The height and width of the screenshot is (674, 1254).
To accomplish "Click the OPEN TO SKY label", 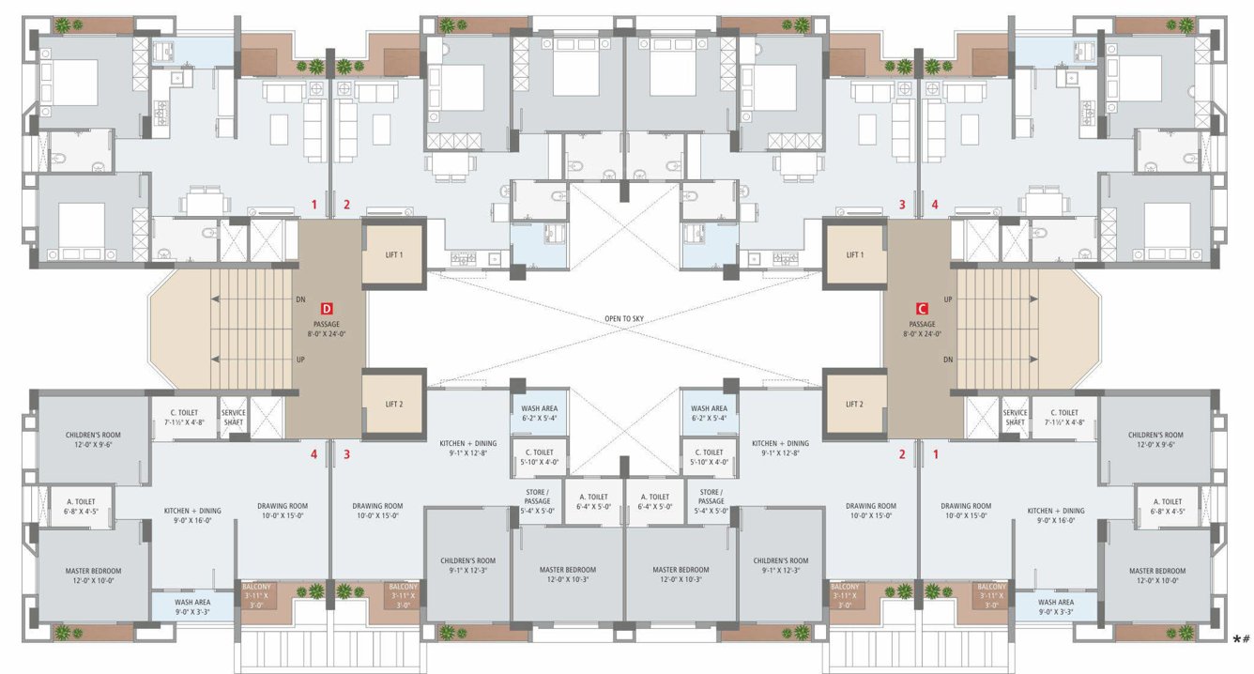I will (626, 318).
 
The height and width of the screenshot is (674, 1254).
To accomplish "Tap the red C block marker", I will (922, 308).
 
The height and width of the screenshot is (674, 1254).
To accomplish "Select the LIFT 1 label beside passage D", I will (394, 254).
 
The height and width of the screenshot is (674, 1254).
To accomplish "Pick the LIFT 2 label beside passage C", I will (854, 405).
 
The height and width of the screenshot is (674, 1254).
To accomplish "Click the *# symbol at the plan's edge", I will (1241, 639).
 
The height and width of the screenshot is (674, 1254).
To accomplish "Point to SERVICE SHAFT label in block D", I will (233, 418).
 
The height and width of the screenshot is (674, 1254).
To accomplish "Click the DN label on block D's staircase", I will (300, 299).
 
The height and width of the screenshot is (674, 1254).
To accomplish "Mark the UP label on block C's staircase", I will (948, 299).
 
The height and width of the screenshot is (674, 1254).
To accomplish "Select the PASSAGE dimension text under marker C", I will (922, 333).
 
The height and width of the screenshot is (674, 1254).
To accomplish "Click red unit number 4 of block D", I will (314, 455).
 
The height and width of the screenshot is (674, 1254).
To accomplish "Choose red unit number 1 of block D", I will (314, 204).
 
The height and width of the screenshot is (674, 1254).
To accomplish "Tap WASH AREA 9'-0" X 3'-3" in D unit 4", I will (191, 607).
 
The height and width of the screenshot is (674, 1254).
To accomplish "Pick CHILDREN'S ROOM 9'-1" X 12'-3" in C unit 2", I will (781, 566).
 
